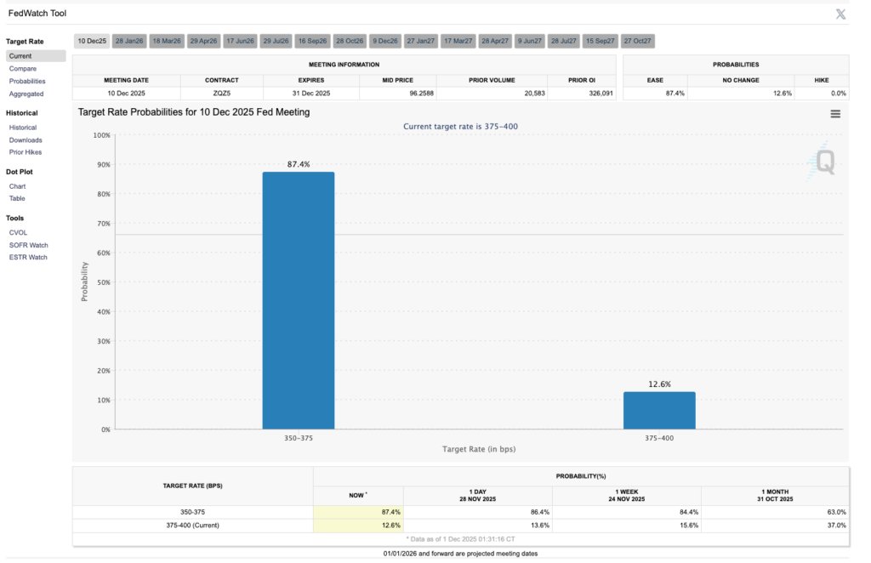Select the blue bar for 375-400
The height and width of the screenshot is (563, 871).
[x=659, y=410]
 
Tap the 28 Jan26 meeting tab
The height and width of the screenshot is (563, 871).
[x=129, y=41]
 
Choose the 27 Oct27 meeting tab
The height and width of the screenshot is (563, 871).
[x=638, y=41]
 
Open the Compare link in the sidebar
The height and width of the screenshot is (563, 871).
[x=22, y=69]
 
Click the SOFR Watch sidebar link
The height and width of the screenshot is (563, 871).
[x=28, y=245]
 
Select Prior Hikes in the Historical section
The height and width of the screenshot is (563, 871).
[x=26, y=152]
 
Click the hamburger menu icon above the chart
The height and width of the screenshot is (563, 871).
[x=835, y=113]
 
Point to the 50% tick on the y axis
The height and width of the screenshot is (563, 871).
[x=102, y=282]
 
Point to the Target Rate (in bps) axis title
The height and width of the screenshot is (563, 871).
[x=479, y=448]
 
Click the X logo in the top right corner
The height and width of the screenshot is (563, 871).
[x=840, y=14]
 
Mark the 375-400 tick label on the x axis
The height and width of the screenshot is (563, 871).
[x=659, y=437]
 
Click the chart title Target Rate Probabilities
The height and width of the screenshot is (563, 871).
[x=194, y=111]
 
